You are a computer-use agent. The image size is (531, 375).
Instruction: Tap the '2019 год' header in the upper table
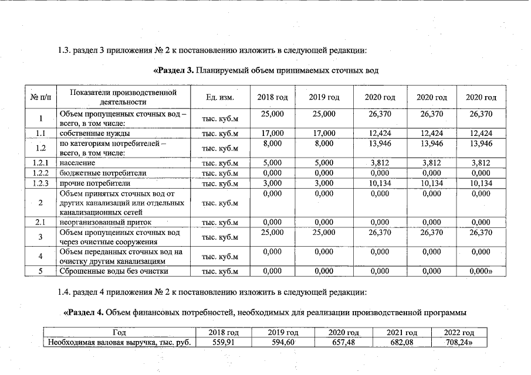pyautogui.click(x=324, y=97)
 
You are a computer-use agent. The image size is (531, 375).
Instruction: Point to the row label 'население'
pyautogui.click(x=77, y=163)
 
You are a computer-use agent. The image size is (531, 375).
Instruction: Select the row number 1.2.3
pyautogui.click(x=40, y=183)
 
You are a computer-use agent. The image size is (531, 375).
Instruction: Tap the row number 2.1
pyautogui.click(x=40, y=223)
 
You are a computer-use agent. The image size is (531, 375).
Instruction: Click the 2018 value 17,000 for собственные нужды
pyautogui.click(x=272, y=133)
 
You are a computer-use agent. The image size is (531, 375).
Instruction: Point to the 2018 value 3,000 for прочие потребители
pyautogui.click(x=272, y=183)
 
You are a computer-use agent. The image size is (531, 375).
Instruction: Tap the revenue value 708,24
pyautogui.click(x=459, y=343)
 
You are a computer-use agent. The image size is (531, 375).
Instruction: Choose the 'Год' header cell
pyautogui.click(x=120, y=333)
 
